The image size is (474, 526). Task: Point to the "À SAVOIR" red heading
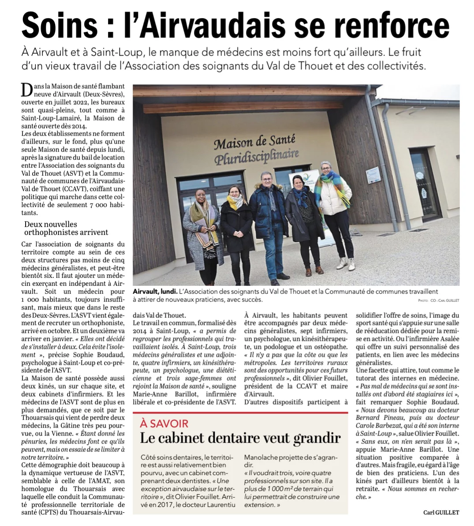pyautogui.click(x=164, y=424)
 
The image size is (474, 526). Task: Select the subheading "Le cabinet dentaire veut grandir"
pyautogui.click(x=240, y=438)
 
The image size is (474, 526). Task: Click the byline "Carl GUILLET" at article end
pyautogui.click(x=441, y=512)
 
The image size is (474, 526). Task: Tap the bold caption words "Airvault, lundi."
pyautogui.click(x=155, y=291)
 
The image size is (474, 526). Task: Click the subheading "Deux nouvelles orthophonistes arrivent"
pyautogui.click(x=66, y=228)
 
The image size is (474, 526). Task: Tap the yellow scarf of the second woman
pyautogui.click(x=235, y=202)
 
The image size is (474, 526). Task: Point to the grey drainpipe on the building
pyautogui.click(x=383, y=155)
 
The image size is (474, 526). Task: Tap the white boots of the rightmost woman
pyautogui.click(x=346, y=264)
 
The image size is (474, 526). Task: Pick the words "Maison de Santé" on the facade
pyautogui.click(x=254, y=142)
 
